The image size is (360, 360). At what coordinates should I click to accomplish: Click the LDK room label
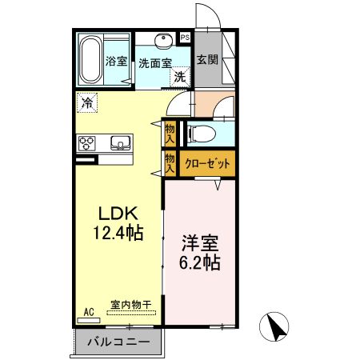119,214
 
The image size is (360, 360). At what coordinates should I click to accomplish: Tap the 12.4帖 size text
119,234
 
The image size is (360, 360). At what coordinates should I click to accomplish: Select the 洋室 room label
200,242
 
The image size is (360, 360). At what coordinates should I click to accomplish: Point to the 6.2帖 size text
200,262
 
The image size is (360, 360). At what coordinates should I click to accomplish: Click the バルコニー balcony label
118,342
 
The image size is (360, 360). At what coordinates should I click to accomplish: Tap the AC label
89,311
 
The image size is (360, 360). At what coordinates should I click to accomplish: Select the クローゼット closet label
207,163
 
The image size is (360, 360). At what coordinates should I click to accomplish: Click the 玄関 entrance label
207,59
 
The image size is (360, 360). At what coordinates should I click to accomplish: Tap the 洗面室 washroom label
154,62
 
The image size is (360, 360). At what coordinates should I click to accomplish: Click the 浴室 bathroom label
117,61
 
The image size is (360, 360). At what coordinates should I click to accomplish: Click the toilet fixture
200,133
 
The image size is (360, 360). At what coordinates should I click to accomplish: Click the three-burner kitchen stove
87,143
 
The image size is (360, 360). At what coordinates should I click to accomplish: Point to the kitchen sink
121,143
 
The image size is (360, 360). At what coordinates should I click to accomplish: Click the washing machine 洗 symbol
181,78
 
